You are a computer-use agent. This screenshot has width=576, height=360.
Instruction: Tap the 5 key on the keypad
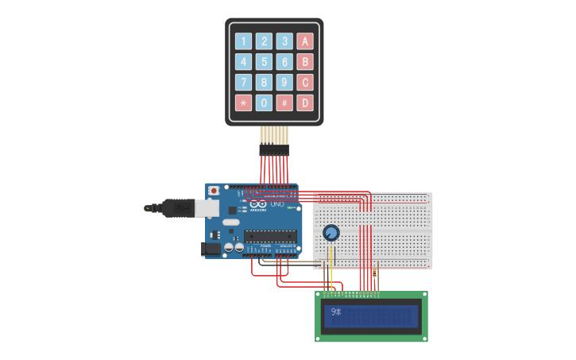point(264,62)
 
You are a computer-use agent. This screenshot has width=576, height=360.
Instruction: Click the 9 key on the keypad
point(284,83)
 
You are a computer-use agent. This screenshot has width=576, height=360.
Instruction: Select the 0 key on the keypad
point(264,103)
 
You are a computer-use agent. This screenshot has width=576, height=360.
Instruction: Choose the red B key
point(305,62)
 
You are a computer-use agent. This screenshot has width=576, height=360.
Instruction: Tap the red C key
point(305,83)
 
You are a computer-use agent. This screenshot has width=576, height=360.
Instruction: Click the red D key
point(305,103)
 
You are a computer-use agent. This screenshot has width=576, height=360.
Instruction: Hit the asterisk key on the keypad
point(243,103)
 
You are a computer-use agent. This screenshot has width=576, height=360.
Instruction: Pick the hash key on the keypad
point(284,103)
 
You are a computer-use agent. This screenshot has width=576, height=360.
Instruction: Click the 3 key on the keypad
point(284,41)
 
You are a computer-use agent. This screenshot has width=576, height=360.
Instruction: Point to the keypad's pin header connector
point(274,149)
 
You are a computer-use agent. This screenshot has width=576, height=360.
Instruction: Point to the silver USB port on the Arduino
point(207,208)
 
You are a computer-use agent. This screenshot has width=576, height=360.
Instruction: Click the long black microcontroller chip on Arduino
point(270,235)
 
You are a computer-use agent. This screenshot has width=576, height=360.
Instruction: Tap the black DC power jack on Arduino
point(211,249)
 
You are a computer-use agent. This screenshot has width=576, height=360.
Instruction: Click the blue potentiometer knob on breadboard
point(331,233)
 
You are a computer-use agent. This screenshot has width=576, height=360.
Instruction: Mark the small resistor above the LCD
point(377,271)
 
